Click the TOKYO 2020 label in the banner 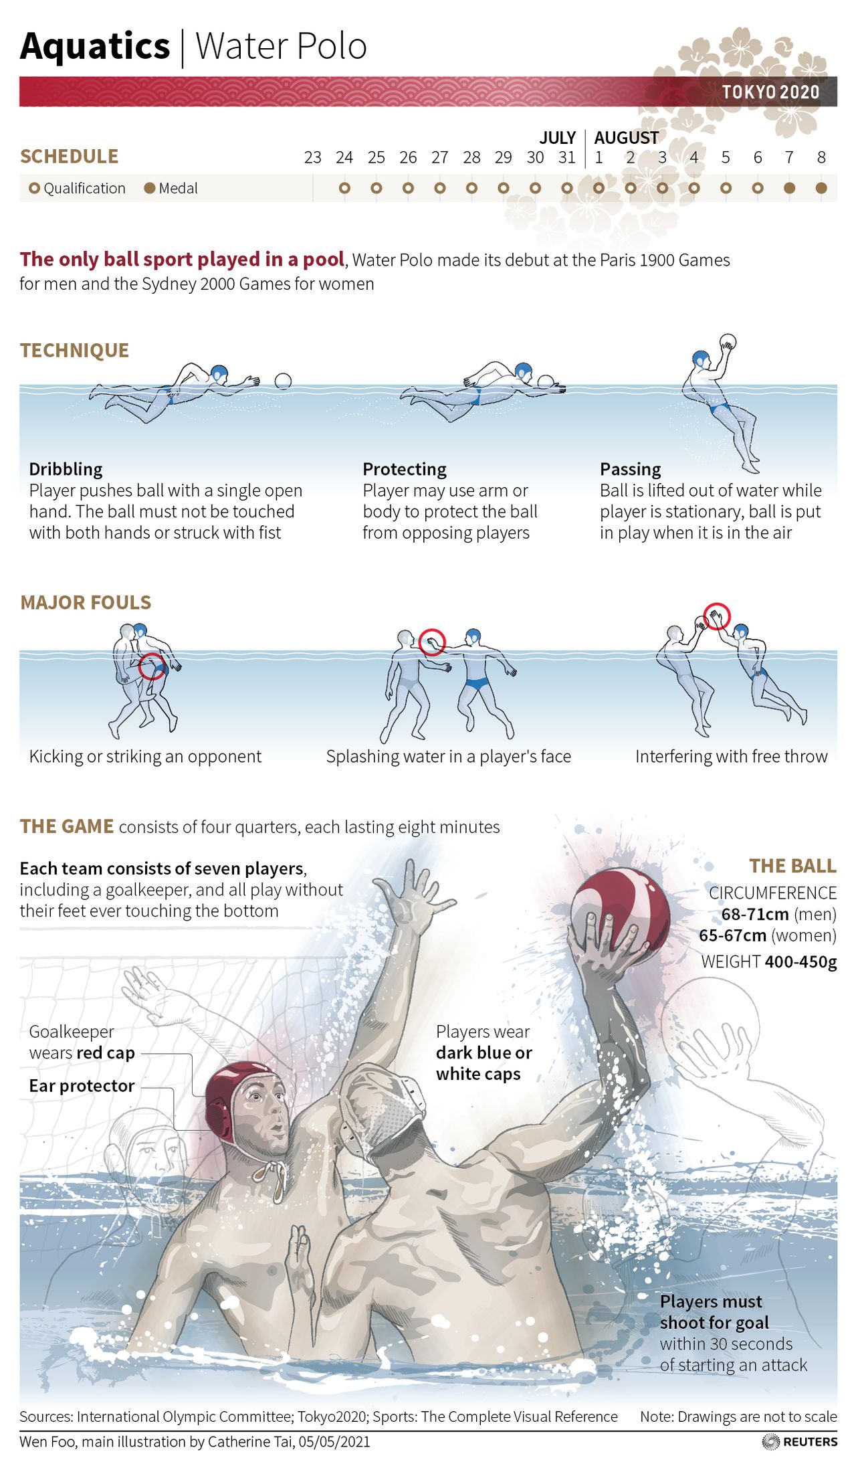pos(770,92)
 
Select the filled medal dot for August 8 pos(821,189)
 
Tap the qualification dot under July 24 pos(344,189)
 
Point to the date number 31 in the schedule pos(567,158)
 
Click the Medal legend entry pos(171,189)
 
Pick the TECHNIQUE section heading pos(74,351)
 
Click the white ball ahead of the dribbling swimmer pos(284,381)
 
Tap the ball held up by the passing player pos(728,342)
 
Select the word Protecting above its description pos(405,469)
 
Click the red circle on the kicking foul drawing pos(152,666)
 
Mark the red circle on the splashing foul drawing pos(432,642)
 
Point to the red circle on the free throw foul pos(717,616)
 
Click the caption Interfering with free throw pos(731,757)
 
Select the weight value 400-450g pos(800,962)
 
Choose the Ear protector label pos(82,1086)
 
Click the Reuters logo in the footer pos(800,1441)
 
